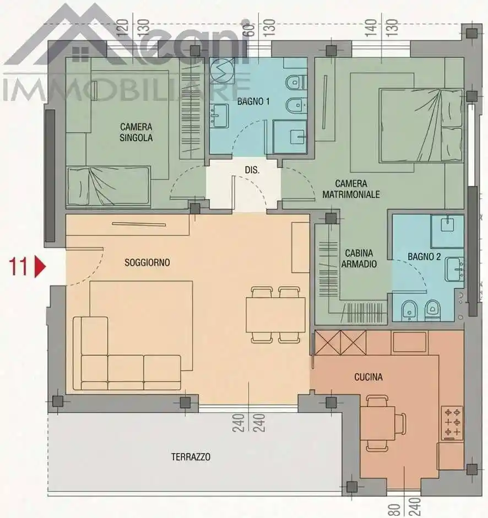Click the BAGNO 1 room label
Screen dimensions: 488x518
click(x=253, y=101)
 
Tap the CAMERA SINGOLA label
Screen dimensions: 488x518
click(x=136, y=132)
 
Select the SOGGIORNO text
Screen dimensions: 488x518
click(x=147, y=263)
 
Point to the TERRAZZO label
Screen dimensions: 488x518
click(x=191, y=457)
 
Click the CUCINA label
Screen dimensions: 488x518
click(x=368, y=377)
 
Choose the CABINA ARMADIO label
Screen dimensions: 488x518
click(x=359, y=258)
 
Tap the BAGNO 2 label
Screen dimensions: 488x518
click(x=424, y=257)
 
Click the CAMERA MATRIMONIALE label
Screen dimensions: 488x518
click(x=351, y=189)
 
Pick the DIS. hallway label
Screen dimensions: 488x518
click(x=252, y=170)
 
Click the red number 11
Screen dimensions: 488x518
click(x=18, y=267)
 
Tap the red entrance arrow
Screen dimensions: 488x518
click(x=40, y=267)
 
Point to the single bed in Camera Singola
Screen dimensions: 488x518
click(x=109, y=187)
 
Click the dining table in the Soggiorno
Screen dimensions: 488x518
click(x=276, y=315)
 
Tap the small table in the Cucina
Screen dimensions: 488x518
click(x=378, y=424)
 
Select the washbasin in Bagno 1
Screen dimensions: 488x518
click(x=219, y=116)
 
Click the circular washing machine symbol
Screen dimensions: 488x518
click(x=222, y=71)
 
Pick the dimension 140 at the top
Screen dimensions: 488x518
click(x=371, y=28)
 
